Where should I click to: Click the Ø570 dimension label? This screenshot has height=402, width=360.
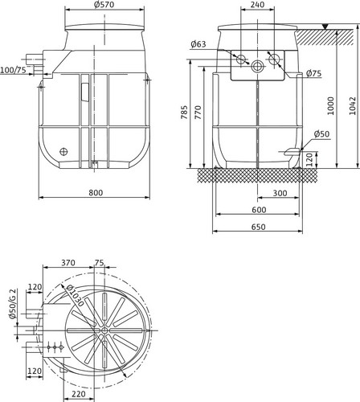104,5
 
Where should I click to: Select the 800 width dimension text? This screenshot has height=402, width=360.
96,193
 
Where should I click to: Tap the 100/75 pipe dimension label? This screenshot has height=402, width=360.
14,70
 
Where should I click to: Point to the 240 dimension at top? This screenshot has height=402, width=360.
257,5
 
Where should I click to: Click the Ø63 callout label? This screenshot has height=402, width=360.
198,44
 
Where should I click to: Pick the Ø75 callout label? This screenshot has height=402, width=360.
313,73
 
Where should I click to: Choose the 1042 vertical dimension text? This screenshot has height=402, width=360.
353,106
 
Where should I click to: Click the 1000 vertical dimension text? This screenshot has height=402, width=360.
331,106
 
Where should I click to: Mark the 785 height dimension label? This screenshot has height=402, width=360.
184,113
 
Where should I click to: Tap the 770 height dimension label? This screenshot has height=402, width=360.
198,113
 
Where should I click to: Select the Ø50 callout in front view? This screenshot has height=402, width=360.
321,133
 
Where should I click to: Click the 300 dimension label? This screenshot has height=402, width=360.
280,193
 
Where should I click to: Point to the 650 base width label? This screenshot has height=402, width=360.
259,227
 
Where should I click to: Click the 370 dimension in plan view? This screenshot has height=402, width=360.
68,263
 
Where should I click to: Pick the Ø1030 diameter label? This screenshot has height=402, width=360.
75,295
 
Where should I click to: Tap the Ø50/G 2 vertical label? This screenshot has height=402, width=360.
13,304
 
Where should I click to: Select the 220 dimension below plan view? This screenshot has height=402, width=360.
79,394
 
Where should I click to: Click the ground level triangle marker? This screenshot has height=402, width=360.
325,27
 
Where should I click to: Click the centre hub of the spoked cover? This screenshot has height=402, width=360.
104,330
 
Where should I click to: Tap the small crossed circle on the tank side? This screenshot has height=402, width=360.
63,152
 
